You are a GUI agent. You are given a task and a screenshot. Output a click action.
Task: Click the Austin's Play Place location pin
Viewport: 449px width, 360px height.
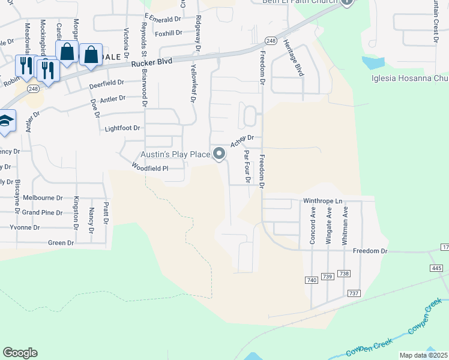click(220, 154)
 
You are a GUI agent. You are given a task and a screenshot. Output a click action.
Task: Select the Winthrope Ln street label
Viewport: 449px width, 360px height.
click(321, 200)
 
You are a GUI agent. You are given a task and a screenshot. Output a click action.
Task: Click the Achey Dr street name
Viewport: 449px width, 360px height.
click(243, 141)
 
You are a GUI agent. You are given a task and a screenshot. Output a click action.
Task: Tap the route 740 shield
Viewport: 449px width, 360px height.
click(311, 280)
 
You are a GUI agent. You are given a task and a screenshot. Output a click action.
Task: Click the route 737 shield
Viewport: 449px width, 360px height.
click(353, 293)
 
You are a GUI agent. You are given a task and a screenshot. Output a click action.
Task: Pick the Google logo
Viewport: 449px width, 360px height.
click(20, 353)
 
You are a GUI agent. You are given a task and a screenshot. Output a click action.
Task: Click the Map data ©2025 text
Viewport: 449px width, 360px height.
click(423, 355)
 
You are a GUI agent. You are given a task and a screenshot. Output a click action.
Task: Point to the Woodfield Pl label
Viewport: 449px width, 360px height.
click(150, 169)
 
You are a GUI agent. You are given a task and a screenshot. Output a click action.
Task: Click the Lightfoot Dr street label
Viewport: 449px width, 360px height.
click(122, 128)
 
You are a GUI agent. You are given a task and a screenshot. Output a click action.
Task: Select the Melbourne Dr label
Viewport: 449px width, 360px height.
click(43, 197)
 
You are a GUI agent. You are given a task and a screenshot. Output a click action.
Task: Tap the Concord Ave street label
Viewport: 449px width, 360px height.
click(313, 225)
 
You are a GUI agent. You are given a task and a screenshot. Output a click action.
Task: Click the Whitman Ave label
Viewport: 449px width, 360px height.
click(345, 225)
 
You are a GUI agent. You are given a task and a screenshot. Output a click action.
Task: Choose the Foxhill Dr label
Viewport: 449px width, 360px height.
click(167, 33)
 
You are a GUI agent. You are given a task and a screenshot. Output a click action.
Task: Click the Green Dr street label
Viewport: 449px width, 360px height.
click(61, 243)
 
